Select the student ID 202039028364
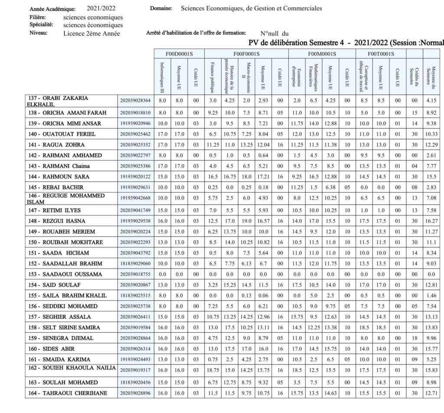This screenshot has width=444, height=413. (136, 101)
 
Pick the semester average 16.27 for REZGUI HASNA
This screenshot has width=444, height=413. (431, 220)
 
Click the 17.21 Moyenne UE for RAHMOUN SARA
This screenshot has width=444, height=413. (262, 177)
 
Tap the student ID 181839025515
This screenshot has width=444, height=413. (136, 296)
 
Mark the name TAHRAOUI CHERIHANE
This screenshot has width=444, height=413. (74, 393)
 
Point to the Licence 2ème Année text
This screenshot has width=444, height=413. (91, 33)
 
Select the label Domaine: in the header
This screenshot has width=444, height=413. (160, 8)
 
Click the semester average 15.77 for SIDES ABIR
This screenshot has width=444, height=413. (431, 348)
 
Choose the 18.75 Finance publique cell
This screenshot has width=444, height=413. (212, 369)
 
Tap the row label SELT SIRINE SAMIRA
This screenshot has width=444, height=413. (71, 327)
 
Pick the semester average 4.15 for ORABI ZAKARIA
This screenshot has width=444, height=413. (431, 101)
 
